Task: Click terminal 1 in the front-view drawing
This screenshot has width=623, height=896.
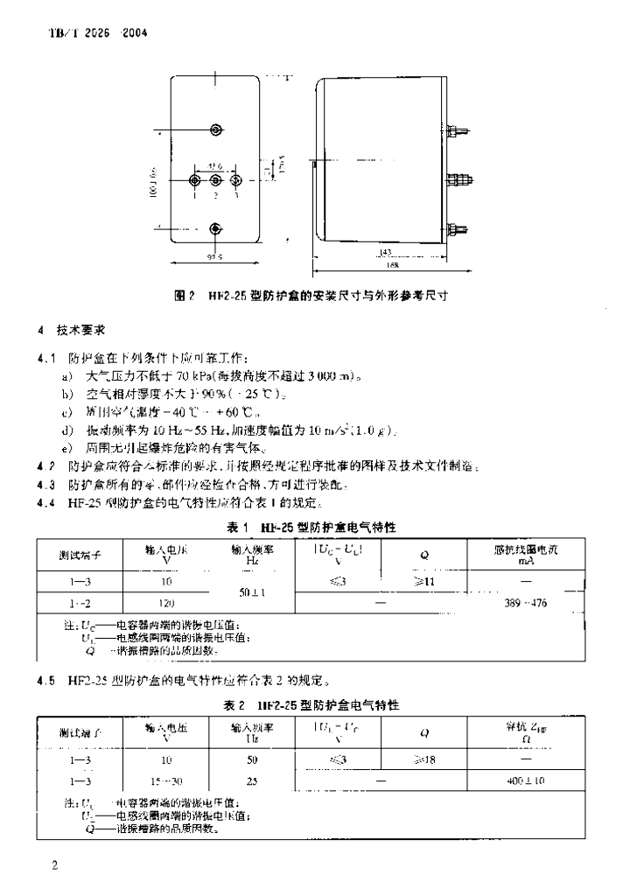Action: point(196,180)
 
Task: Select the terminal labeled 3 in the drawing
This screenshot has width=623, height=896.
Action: point(235,180)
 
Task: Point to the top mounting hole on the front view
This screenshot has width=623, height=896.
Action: point(216,130)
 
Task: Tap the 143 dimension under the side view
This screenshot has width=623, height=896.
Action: point(386,252)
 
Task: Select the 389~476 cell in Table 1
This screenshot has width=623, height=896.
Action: point(526,603)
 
